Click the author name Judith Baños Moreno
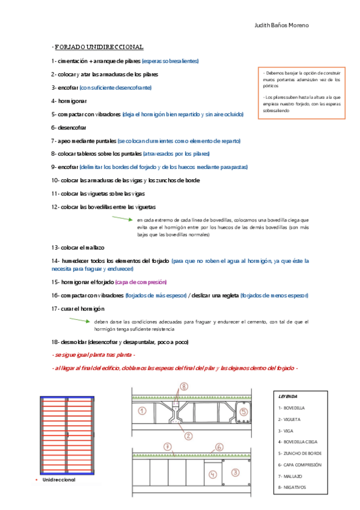(x=281, y=26)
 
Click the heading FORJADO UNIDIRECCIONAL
(x=99, y=47)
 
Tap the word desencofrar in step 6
(x=73, y=127)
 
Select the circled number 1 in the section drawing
(x=142, y=411)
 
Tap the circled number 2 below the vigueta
(x=188, y=435)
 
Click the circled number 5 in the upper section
(x=243, y=412)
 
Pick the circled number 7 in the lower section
(x=168, y=446)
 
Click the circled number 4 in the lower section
(x=212, y=475)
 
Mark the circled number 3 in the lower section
(x=236, y=472)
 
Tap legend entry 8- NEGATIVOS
(x=293, y=487)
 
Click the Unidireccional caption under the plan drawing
(x=59, y=481)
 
